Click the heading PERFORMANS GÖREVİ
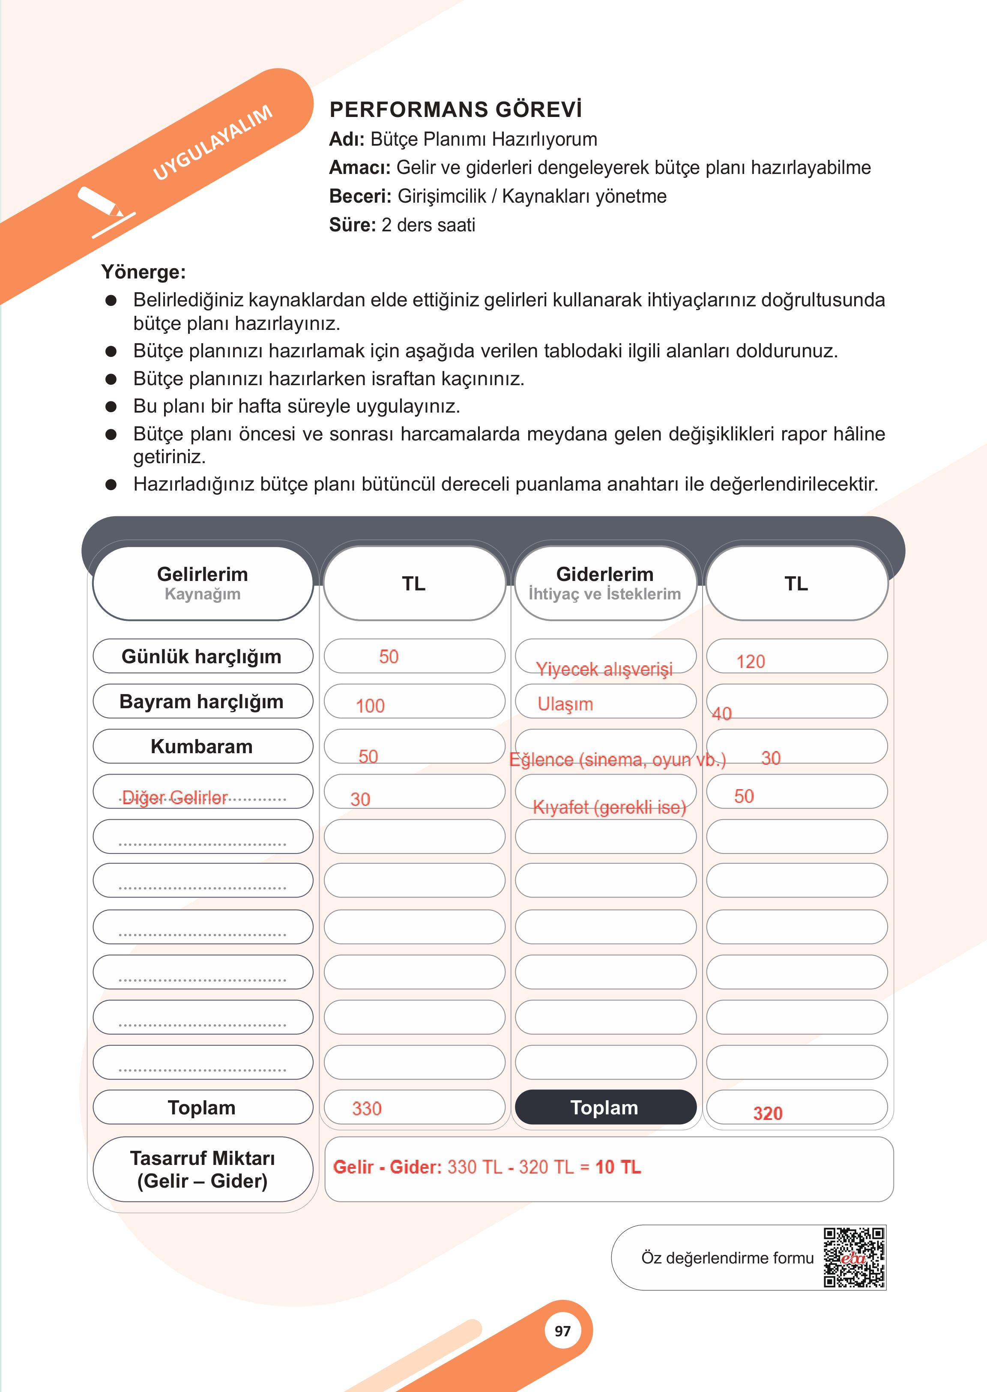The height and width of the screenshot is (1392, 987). [x=455, y=109]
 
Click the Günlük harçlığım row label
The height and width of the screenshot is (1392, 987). [x=202, y=656]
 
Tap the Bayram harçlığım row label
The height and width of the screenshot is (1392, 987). [x=202, y=701]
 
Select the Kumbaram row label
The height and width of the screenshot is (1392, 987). [x=202, y=746]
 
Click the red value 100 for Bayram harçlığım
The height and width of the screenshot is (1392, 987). [x=370, y=706]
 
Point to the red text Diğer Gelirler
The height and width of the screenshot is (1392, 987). [x=175, y=797]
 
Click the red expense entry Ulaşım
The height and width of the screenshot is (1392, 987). [x=565, y=704]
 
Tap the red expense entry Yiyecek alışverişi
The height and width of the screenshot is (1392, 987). [x=604, y=669]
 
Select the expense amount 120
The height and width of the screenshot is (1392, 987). [x=751, y=662]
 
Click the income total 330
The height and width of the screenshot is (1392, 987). [x=366, y=1108]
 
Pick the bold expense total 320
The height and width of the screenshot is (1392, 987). [x=768, y=1113]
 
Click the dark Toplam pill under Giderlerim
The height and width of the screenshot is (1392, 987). [x=605, y=1108]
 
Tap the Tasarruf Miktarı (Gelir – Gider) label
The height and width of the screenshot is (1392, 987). [x=202, y=1169]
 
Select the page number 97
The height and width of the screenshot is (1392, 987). [x=563, y=1331]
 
